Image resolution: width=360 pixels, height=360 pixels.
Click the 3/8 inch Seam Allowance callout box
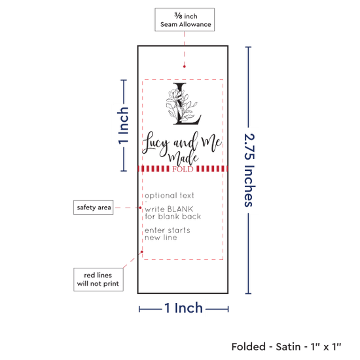pyautogui.click(x=185, y=20)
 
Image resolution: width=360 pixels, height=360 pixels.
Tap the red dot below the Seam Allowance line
pyautogui.click(x=185, y=67)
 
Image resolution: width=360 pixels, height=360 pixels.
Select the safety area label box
pyautogui.click(x=93, y=207)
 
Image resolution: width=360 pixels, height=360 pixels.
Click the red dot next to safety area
pyautogui.click(x=140, y=207)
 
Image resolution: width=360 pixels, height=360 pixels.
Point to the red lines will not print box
pyautogui.click(x=98, y=279)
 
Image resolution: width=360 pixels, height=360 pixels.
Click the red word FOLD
pyautogui.click(x=183, y=170)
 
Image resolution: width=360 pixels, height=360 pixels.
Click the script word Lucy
pyautogui.click(x=155, y=143)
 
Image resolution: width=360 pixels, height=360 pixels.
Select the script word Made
pyautogui.click(x=183, y=157)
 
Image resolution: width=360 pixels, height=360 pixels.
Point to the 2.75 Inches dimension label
pyautogui.click(x=249, y=170)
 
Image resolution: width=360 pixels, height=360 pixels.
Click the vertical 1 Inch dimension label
pyautogui.click(x=123, y=126)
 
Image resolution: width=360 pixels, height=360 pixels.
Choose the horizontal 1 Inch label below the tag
pyautogui.click(x=184, y=308)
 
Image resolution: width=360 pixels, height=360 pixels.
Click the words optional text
pyautogui.click(x=170, y=196)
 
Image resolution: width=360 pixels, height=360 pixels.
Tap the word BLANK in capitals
pyautogui.click(x=180, y=209)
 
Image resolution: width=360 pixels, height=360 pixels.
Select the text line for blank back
pyautogui.click(x=173, y=217)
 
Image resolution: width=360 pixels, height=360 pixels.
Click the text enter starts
pyautogui.click(x=168, y=230)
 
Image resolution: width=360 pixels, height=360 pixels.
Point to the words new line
pyautogui.click(x=161, y=238)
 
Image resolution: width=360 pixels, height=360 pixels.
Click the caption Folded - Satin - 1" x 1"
pyautogui.click(x=286, y=347)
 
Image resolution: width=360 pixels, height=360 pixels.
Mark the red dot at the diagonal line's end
pyautogui.click(x=142, y=252)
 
